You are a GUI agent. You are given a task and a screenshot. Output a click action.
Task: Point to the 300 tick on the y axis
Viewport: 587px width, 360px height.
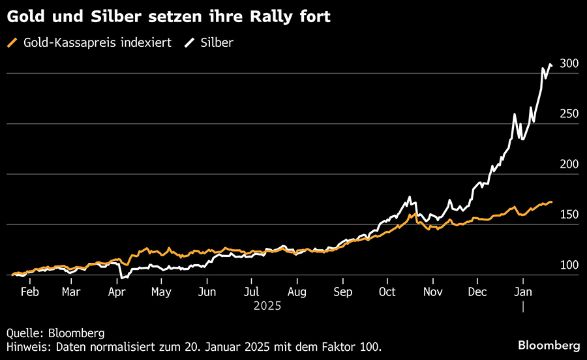click(x=569, y=63)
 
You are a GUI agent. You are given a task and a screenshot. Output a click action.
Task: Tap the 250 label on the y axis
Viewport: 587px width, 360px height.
click(x=569, y=114)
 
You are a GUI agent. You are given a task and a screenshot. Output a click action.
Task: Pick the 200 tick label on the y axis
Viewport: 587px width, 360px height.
click(x=569, y=164)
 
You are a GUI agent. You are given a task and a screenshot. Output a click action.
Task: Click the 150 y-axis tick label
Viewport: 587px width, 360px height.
click(x=569, y=215)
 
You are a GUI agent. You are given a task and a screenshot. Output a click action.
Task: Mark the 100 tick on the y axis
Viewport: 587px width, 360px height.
click(x=569, y=265)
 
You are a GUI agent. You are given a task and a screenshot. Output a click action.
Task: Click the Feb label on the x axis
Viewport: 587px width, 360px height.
click(x=29, y=292)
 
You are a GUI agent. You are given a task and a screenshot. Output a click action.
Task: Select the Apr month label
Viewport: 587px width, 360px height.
click(x=117, y=292)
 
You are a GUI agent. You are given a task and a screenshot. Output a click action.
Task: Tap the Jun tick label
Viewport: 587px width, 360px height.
click(x=207, y=292)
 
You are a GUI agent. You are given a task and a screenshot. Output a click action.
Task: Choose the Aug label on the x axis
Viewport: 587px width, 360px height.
click(x=297, y=292)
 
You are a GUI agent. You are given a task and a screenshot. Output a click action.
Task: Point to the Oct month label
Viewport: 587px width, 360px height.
click(x=387, y=292)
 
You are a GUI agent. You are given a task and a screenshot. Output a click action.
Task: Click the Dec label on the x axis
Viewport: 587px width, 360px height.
click(x=477, y=292)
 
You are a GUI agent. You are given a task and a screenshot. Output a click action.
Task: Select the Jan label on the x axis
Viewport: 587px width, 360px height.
click(x=522, y=292)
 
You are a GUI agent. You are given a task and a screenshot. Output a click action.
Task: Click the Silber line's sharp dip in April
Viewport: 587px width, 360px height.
click(x=121, y=278)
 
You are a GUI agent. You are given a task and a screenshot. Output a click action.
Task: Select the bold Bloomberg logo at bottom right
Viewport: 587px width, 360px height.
click(x=548, y=344)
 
